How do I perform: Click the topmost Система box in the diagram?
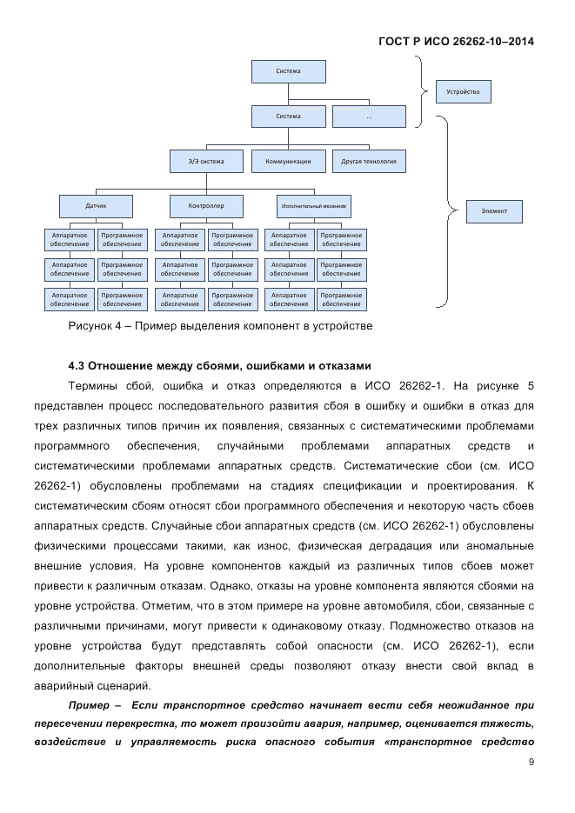coord(288,71)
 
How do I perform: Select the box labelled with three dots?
coord(369,117)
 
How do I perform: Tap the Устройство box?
coord(464,91)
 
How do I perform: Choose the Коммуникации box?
coord(288,161)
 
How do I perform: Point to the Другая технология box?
coord(369,161)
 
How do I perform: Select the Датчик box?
coord(96,206)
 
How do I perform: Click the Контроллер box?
coord(206,206)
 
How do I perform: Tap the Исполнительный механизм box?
coord(314,206)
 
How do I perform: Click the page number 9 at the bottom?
coord(531,763)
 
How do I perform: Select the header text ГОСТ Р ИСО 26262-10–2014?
coord(457,41)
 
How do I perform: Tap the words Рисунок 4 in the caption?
coord(96,327)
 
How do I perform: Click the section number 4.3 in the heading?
coord(78,364)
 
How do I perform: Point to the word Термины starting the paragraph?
coord(94,384)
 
